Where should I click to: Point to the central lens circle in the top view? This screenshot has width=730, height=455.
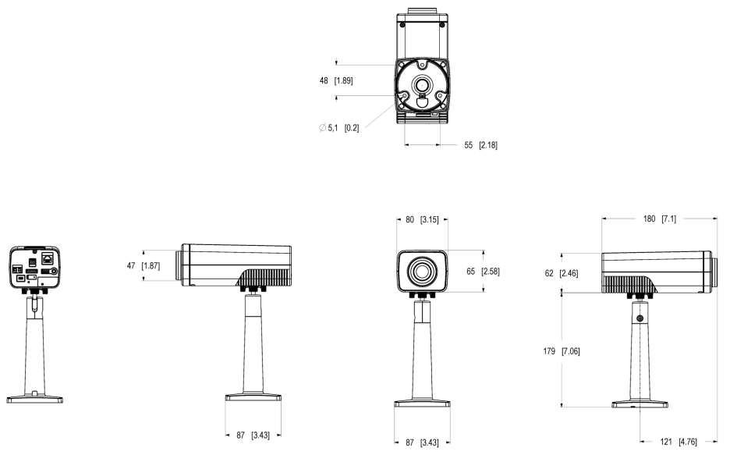423,84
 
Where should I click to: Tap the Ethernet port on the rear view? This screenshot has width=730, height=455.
48,257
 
